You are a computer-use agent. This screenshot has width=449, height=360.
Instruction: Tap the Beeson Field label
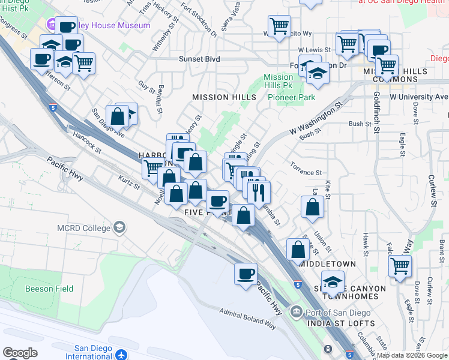tap(49, 289)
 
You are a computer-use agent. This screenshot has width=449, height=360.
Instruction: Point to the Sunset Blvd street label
tap(199, 59)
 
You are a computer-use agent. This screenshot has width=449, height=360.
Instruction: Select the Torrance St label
tap(306, 172)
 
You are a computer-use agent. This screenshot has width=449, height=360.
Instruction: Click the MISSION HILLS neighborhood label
tap(224, 97)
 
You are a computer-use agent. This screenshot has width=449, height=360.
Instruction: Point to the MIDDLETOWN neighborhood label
tap(327, 263)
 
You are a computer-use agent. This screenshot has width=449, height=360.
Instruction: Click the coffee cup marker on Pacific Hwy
tap(245, 274)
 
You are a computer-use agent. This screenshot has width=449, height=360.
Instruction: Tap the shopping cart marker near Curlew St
tap(400, 265)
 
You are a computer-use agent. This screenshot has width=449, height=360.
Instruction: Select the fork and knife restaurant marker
tap(259, 191)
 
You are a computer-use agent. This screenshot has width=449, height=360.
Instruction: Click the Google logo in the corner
tap(20, 352)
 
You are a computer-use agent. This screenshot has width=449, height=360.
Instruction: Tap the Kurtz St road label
tap(129, 182)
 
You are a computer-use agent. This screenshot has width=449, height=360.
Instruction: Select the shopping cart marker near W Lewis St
tap(347, 43)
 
